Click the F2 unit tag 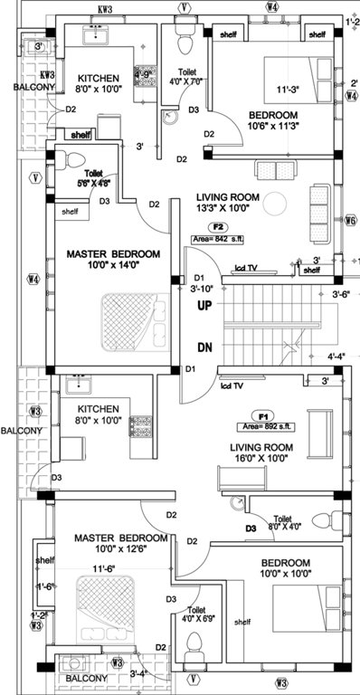click(x=217, y=226)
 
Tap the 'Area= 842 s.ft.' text click(x=222, y=239)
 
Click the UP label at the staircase click(x=205, y=307)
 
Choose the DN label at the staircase click(x=205, y=347)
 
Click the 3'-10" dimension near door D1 click(x=204, y=288)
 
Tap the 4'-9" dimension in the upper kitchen click(x=143, y=74)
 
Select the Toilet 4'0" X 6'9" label click(x=203, y=615)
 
